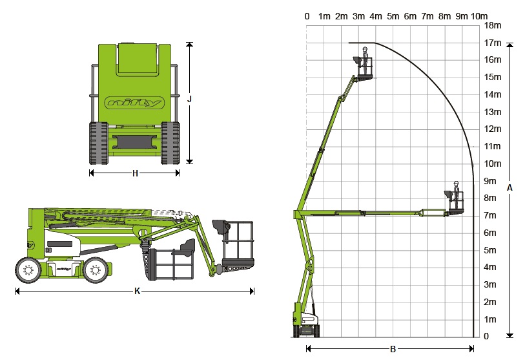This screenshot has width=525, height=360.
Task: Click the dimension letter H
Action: [135, 173]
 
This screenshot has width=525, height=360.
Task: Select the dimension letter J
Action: [189, 100]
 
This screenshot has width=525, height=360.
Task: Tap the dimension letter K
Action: [137, 291]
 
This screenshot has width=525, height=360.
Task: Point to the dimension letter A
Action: [510, 187]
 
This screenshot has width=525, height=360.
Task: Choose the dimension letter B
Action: [393, 349]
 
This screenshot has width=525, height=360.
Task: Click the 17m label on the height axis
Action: [493, 43]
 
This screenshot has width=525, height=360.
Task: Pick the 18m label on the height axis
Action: [493, 25]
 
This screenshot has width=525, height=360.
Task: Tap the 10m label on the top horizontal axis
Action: [479, 16]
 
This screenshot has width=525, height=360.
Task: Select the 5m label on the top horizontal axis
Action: [393, 16]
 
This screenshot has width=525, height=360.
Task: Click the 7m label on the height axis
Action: [490, 215]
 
